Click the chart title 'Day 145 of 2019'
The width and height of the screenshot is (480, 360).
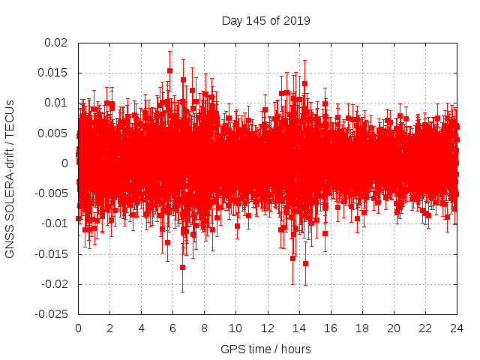tap(265, 20)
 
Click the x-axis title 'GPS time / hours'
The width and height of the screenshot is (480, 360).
tap(265, 349)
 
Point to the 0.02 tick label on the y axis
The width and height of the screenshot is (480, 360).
tap(57, 43)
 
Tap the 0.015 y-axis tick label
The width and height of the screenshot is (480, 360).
tap(54, 73)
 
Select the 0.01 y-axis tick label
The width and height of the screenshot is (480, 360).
tap(57, 103)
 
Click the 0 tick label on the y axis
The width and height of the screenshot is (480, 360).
tap(66, 163)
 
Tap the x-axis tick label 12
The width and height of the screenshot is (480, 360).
tap(268, 328)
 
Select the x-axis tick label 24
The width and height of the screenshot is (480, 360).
tap(457, 328)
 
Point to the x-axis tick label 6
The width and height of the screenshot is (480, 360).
tap(172, 328)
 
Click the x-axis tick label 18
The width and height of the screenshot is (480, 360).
tap(362, 328)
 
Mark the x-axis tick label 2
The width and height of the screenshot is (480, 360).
tap(109, 328)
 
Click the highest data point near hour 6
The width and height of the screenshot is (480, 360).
tap(170, 70)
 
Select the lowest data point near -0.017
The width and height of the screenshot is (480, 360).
tap(182, 267)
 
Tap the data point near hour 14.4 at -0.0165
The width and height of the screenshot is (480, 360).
tap(305, 263)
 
